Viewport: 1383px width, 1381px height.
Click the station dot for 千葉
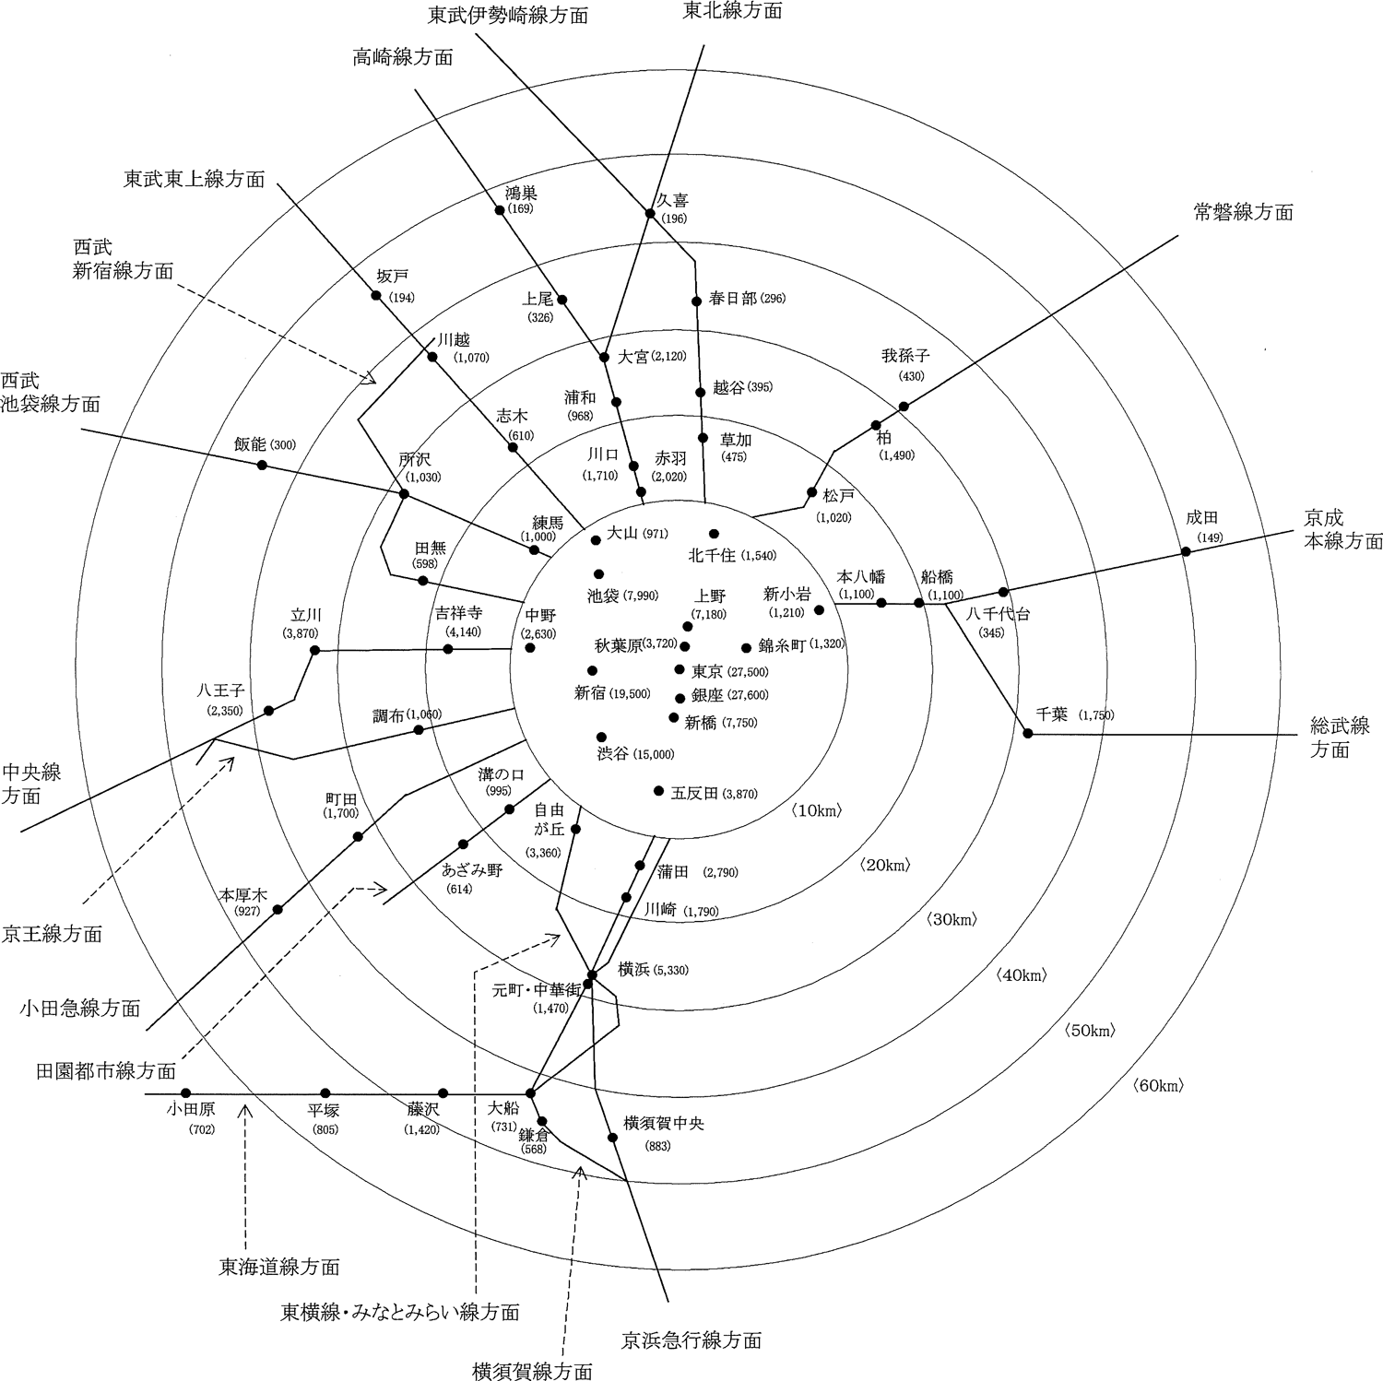1028,734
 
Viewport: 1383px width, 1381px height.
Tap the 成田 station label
1201,519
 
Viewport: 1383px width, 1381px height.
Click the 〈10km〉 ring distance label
816,810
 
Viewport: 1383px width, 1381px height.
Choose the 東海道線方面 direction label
278,1266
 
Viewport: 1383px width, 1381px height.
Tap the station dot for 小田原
185,1093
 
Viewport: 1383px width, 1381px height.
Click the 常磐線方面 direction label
1243,212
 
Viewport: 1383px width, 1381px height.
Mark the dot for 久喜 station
650,214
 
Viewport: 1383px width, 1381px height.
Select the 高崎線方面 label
403,56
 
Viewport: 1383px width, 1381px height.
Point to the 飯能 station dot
262,466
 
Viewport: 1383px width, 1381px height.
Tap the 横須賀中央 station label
664,1123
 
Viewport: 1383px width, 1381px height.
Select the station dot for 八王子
269,711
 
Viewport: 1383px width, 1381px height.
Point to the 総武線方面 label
1340,738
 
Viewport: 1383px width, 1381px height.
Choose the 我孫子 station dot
904,406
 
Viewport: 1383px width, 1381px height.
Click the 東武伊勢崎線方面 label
509,16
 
